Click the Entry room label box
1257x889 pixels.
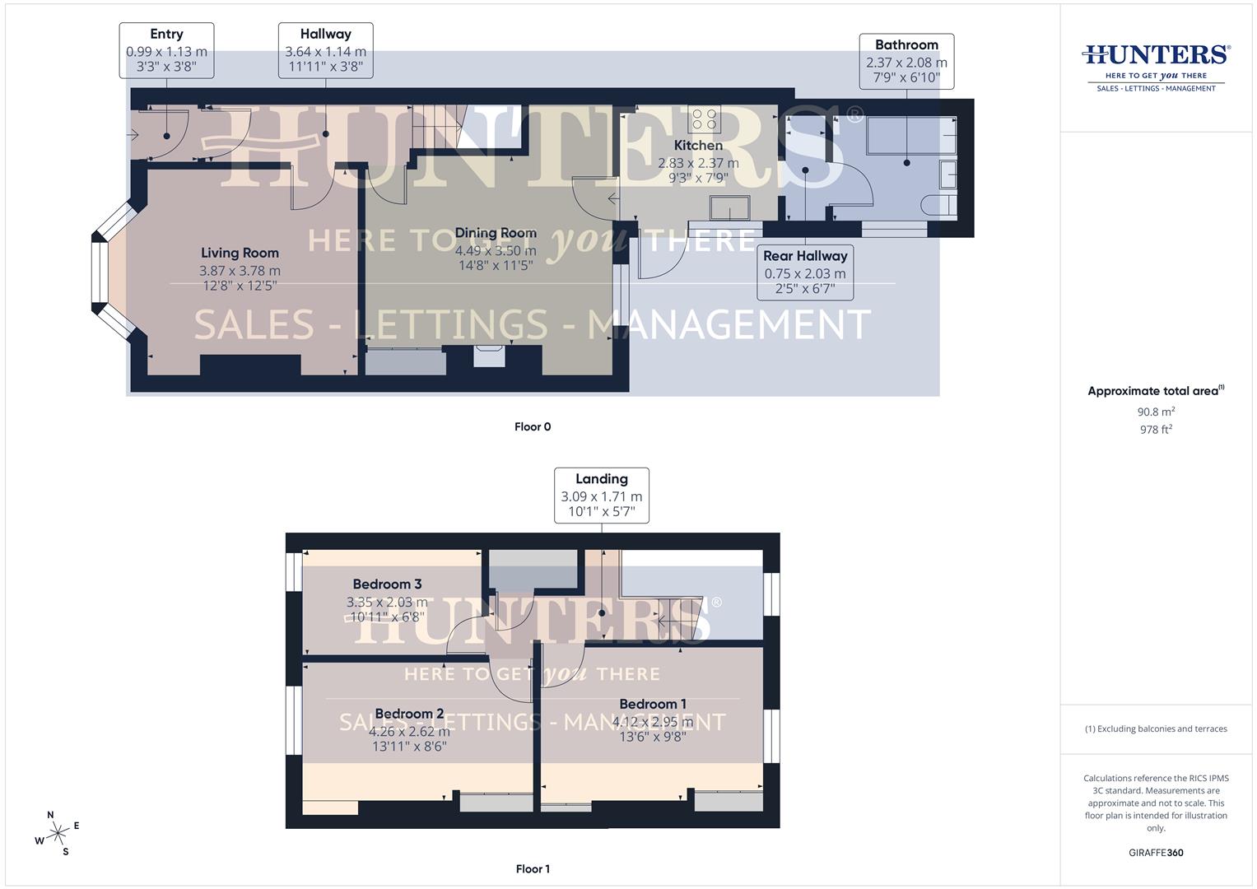pyautogui.click(x=166, y=50)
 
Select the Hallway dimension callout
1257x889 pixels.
pyautogui.click(x=325, y=50)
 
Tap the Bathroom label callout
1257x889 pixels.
pyautogui.click(x=906, y=62)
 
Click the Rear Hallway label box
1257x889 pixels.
pyautogui.click(x=804, y=272)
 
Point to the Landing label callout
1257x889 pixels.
pyautogui.click(x=601, y=496)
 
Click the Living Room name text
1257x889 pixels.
pyautogui.click(x=240, y=254)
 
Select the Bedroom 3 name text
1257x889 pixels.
pyautogui.click(x=387, y=584)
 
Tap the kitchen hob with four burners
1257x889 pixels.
pyautogui.click(x=704, y=120)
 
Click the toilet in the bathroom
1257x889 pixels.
pyautogui.click(x=942, y=205)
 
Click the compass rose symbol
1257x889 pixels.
pyautogui.click(x=58, y=834)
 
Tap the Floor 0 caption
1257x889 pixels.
pyautogui.click(x=533, y=426)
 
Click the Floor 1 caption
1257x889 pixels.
pyautogui.click(x=533, y=868)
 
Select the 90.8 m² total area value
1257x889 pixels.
pyautogui.click(x=1156, y=412)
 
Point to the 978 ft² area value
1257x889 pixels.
pyautogui.click(x=1156, y=429)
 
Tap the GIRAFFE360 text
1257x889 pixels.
pyautogui.click(x=1156, y=853)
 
